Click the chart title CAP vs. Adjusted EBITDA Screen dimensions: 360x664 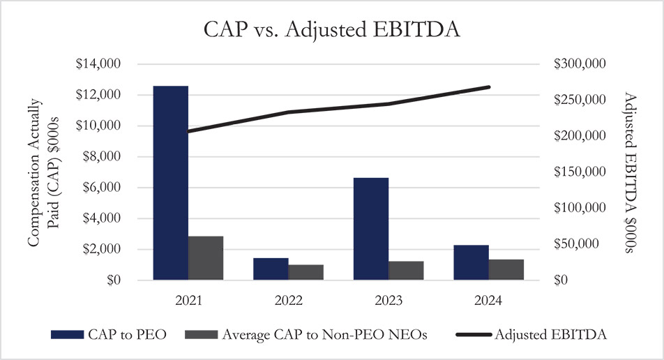pyautogui.click(x=332, y=31)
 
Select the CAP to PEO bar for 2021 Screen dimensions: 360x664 pyautogui.click(x=171, y=183)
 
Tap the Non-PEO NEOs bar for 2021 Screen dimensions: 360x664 pyautogui.click(x=206, y=258)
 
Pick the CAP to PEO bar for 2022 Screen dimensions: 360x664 pyautogui.click(x=271, y=269)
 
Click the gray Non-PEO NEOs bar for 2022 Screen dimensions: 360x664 pyautogui.click(x=305, y=272)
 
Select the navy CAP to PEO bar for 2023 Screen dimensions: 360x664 pyautogui.click(x=371, y=229)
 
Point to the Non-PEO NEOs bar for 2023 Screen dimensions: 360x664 pyautogui.click(x=406, y=271)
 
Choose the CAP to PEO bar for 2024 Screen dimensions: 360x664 pyautogui.click(x=471, y=262)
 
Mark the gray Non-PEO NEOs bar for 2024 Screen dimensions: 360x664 pyautogui.click(x=506, y=269)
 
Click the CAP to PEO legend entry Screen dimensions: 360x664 pyautogui.click(x=109, y=335)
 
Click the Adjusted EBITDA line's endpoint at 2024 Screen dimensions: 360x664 pyautogui.click(x=490, y=87)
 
